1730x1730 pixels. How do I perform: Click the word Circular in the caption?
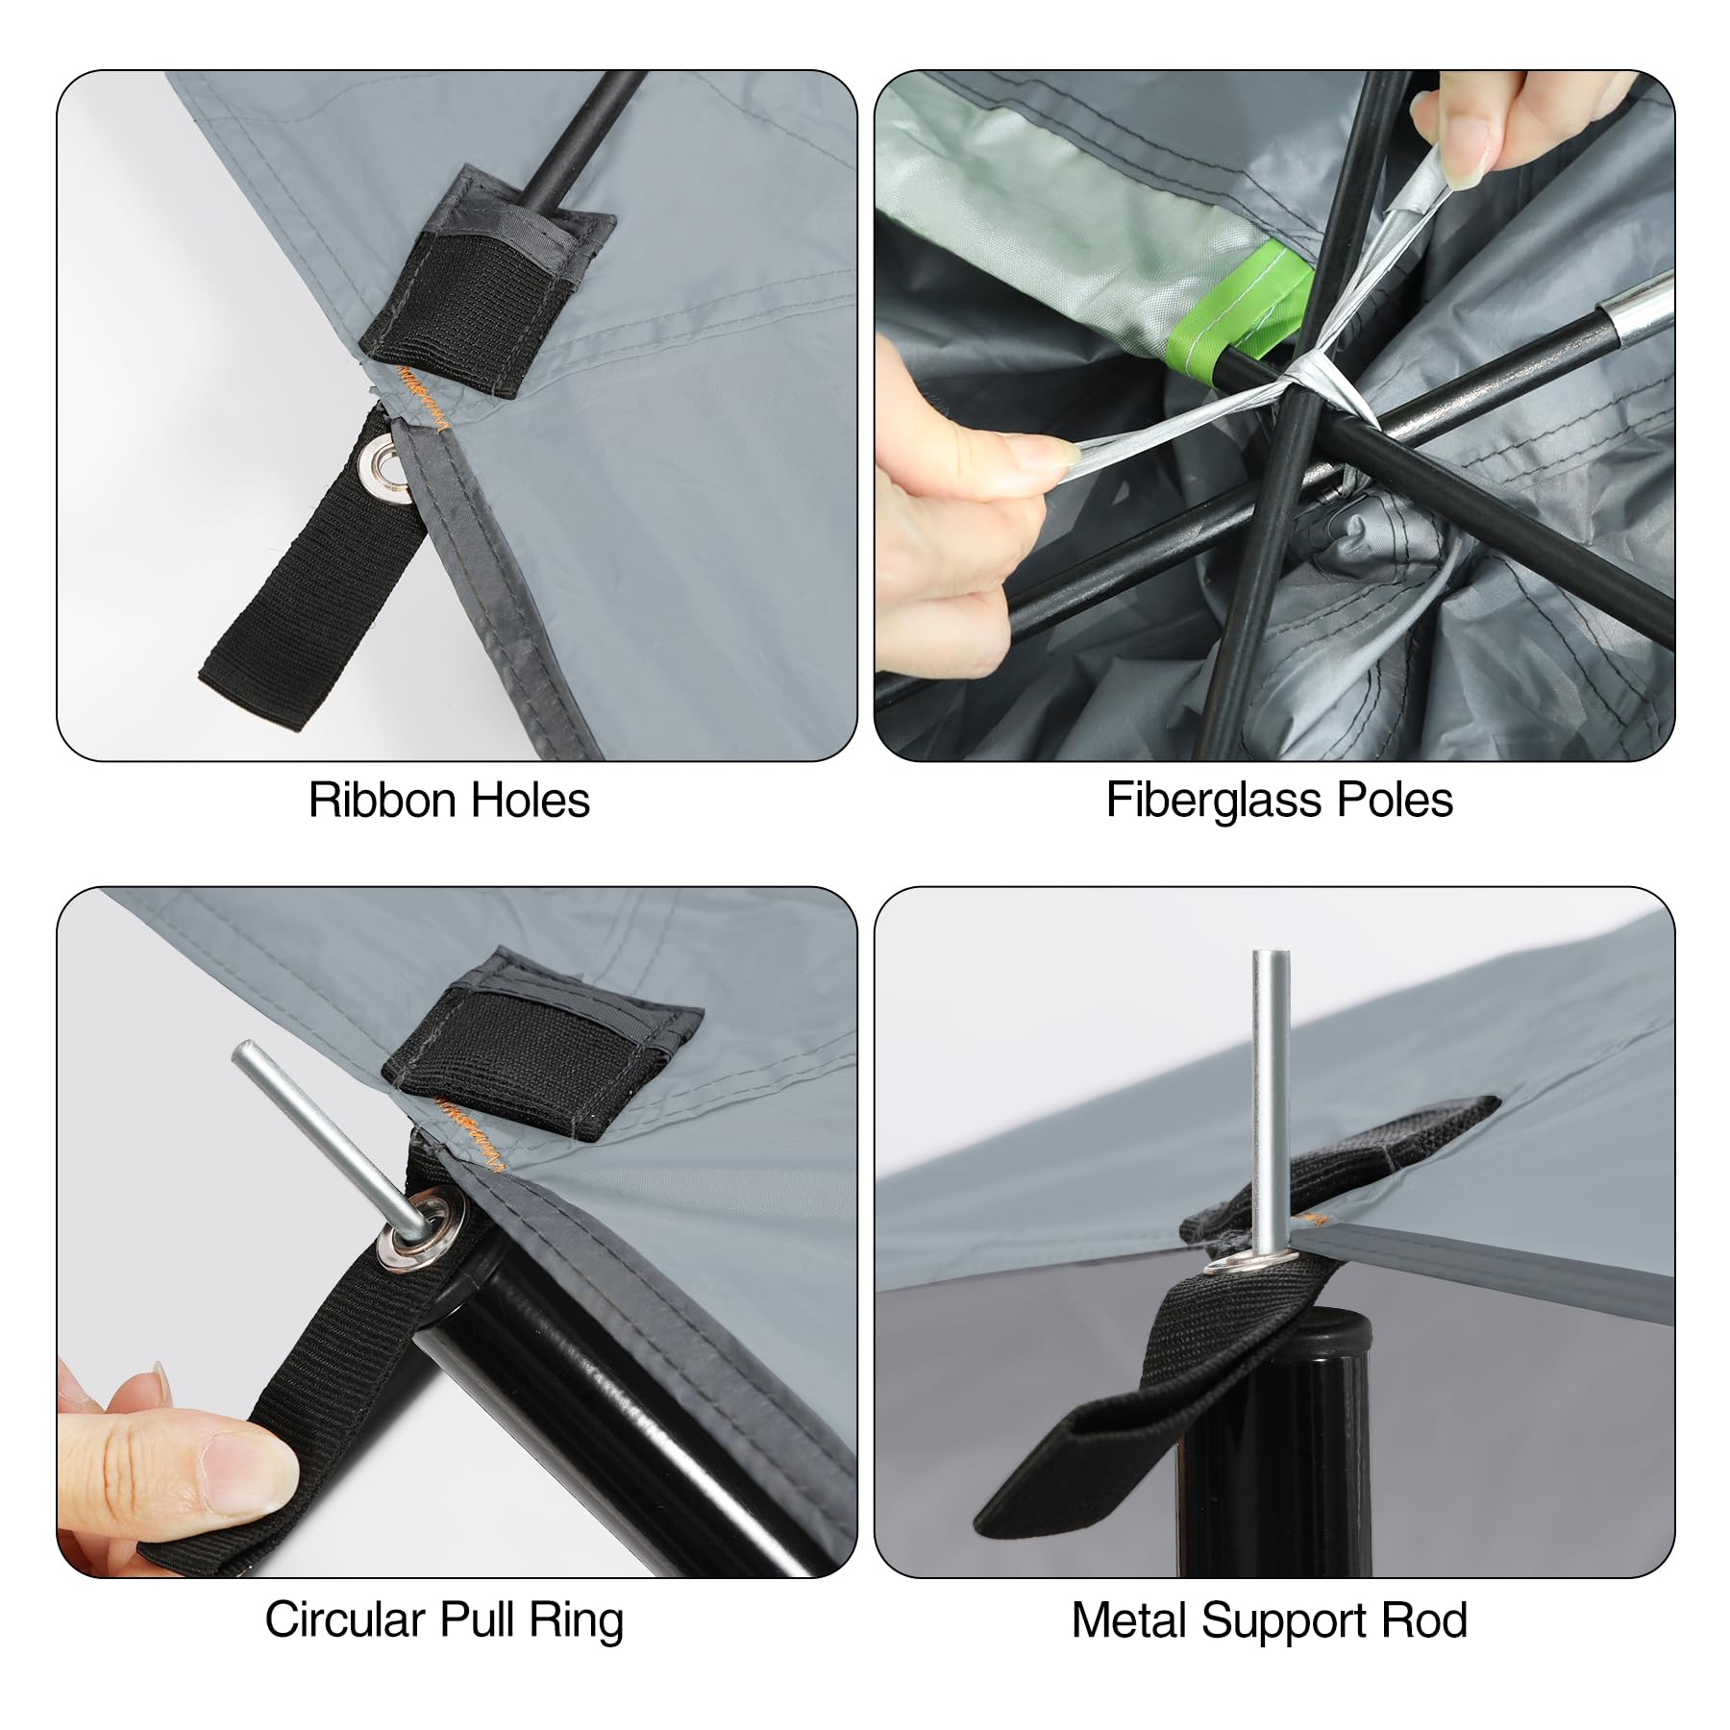point(332,1620)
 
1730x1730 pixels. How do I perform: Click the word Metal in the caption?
point(1129,1620)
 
